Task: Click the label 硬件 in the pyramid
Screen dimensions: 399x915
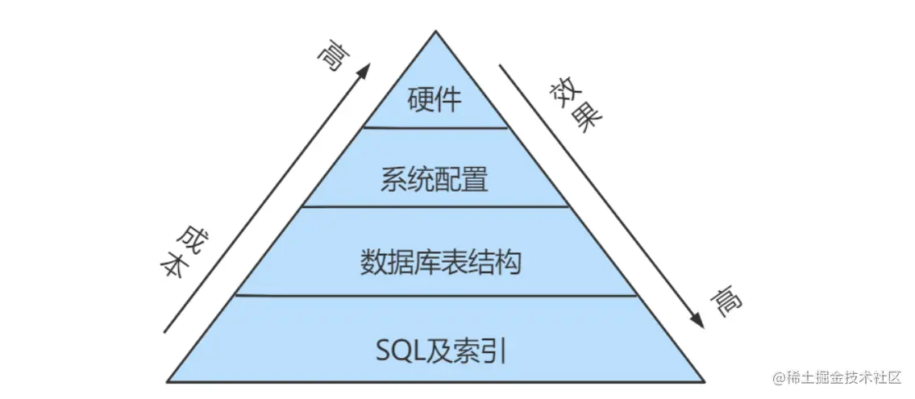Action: (435, 101)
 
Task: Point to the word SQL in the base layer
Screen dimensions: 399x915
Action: (395, 351)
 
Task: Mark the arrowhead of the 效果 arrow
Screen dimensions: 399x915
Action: (697, 322)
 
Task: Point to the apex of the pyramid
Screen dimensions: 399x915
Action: (436, 32)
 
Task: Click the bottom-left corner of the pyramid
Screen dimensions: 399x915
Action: (168, 380)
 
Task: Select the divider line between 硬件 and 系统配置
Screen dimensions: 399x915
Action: (435, 127)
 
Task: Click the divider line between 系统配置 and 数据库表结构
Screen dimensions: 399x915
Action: (435, 206)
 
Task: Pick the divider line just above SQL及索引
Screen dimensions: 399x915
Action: (435, 295)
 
